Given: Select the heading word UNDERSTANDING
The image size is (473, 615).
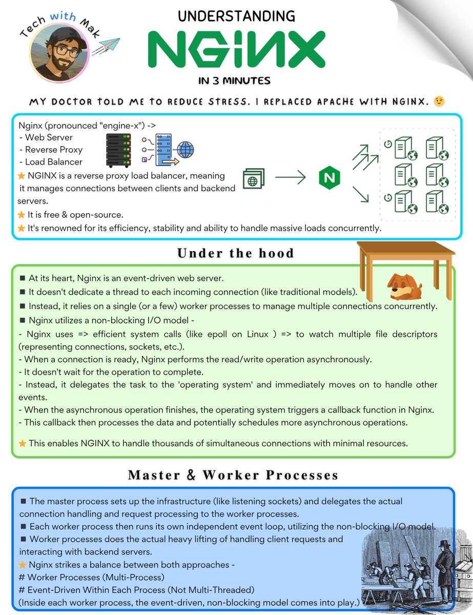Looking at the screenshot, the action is [236, 16].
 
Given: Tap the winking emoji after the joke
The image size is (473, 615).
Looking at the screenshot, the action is [438, 101].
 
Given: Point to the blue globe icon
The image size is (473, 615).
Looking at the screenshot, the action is [186, 150].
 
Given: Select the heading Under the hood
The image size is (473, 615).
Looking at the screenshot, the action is [236, 253].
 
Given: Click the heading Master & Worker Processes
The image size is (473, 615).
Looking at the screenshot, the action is [233, 475].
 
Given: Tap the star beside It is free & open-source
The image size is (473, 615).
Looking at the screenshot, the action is [22, 214].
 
